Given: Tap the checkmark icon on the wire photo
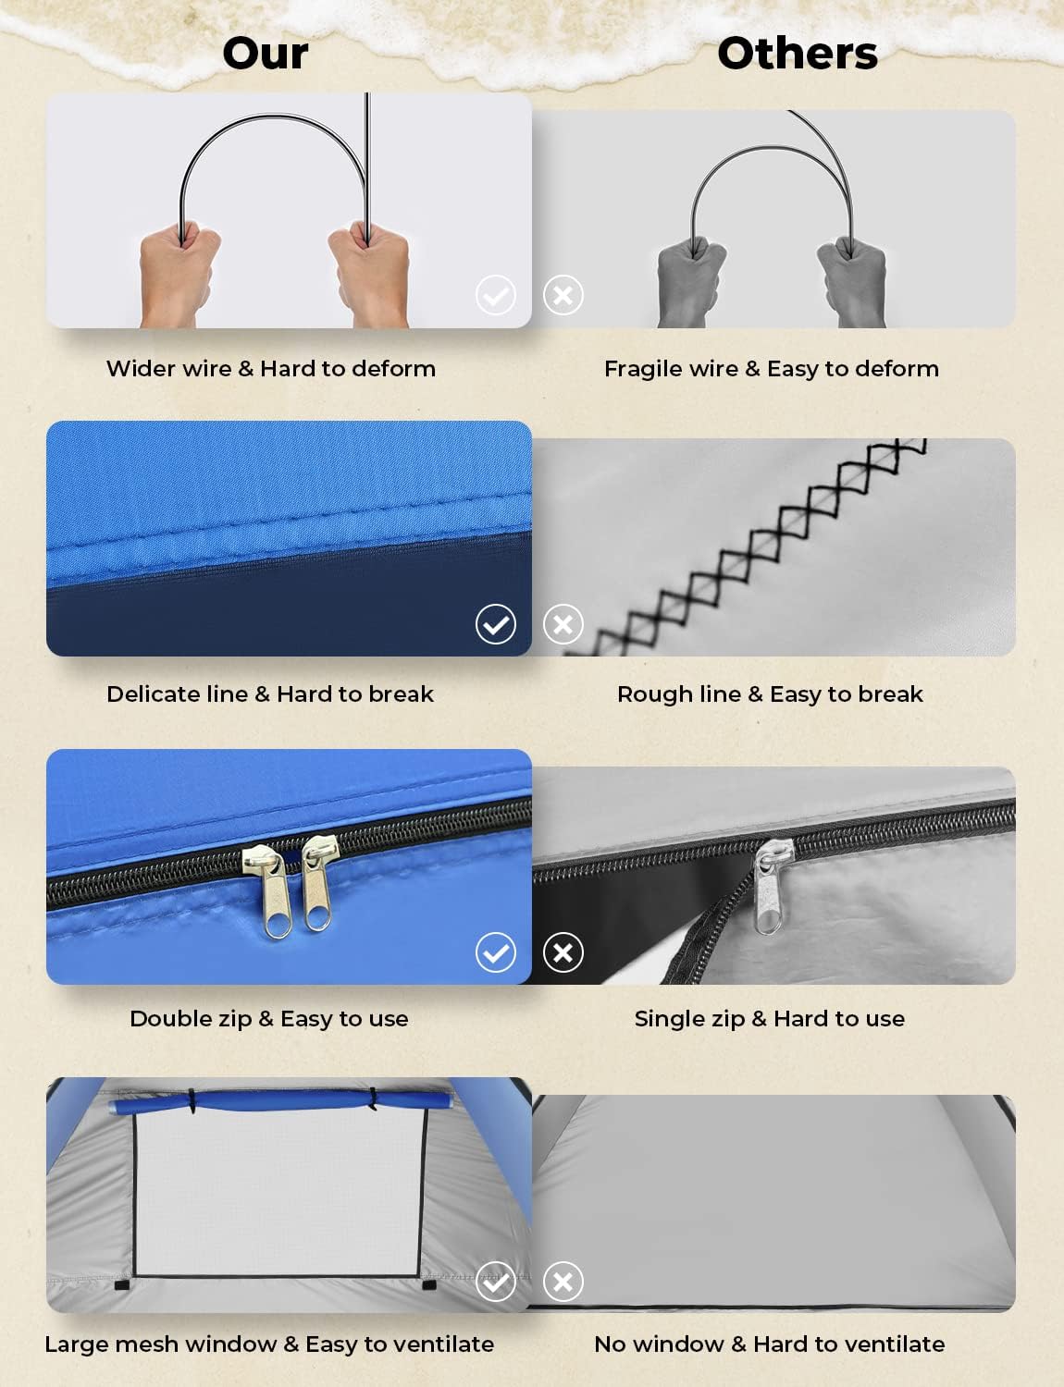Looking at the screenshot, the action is point(496,295).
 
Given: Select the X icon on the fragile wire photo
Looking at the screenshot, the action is point(563,295).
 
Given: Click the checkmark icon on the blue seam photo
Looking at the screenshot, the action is point(496,623).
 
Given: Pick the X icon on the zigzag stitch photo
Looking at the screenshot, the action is point(563,623).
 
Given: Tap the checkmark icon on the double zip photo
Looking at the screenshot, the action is point(496,952).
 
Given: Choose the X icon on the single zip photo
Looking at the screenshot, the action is point(563,952).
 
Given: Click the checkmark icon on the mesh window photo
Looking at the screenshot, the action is point(496,1281).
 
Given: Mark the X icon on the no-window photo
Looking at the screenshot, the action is point(563,1281).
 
